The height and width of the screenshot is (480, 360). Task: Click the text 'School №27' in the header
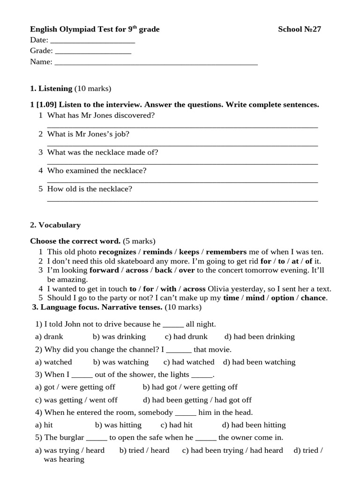(x=300, y=30)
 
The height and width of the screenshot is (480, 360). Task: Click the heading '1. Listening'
(x=51, y=89)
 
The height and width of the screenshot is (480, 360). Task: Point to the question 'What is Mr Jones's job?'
(x=88, y=134)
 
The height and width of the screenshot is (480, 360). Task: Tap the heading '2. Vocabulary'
(x=55, y=225)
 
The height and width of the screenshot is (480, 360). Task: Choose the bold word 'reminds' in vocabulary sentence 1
(x=157, y=252)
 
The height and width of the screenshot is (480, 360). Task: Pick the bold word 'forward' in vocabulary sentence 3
(x=104, y=270)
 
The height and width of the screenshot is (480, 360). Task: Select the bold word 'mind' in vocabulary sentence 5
(x=255, y=298)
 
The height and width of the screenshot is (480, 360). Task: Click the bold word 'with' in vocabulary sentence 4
(x=168, y=289)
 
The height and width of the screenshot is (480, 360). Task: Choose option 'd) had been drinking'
(x=259, y=337)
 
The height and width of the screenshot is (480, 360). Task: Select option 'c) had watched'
(x=189, y=362)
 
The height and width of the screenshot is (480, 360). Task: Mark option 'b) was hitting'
(x=118, y=425)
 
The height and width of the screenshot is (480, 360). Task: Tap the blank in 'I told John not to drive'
(x=173, y=324)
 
